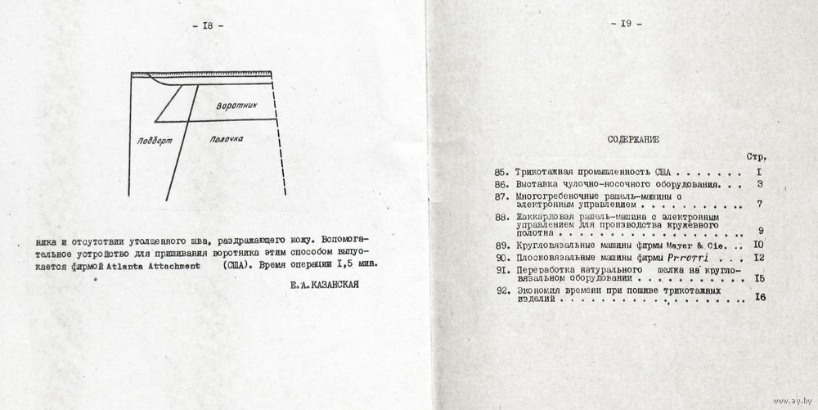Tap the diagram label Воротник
tap(237, 106)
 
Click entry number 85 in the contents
tap(502, 173)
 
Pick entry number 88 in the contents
tap(502, 218)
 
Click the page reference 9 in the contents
tap(760, 232)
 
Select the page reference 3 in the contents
tap(760, 186)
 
